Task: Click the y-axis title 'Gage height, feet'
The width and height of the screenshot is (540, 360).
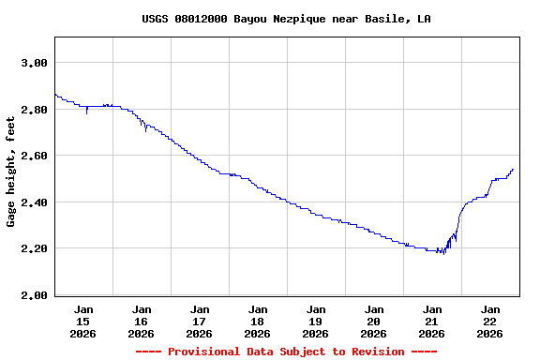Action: (11, 166)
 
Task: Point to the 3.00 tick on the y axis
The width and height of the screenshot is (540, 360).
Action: (34, 63)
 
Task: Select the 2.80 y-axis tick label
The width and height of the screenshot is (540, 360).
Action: (34, 110)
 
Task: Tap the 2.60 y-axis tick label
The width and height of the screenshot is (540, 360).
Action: (34, 156)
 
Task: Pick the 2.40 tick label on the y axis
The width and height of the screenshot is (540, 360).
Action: (34, 202)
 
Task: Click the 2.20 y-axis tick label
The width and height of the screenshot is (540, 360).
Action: (34, 248)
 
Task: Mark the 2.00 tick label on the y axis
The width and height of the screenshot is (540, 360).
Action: (34, 295)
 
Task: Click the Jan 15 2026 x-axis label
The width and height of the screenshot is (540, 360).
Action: (83, 321)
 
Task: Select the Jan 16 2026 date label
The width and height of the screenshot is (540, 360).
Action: (142, 321)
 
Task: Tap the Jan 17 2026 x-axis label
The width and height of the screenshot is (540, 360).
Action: (200, 321)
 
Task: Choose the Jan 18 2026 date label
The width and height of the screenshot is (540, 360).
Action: (258, 321)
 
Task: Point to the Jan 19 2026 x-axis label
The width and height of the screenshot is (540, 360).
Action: (316, 321)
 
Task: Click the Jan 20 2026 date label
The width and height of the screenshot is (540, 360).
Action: (374, 321)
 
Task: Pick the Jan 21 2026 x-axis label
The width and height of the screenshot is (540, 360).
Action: (432, 321)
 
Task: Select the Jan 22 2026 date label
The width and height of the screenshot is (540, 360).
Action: (490, 321)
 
